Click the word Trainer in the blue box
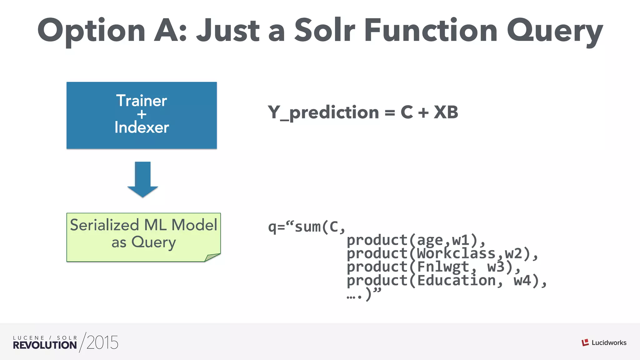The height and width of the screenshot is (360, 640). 142,101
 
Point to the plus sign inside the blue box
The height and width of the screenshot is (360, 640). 142,114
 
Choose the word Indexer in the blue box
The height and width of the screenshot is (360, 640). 142,127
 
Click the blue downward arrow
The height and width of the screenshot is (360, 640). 143,179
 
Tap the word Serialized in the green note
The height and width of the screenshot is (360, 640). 104,225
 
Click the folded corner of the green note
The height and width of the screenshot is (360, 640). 212,257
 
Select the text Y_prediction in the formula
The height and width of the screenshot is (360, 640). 323,112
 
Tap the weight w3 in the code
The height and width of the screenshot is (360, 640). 496,267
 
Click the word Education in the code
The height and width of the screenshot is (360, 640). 456,281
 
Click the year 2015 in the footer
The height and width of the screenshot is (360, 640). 102,342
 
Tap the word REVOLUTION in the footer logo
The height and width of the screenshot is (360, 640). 45,345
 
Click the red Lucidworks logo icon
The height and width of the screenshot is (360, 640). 585,342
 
